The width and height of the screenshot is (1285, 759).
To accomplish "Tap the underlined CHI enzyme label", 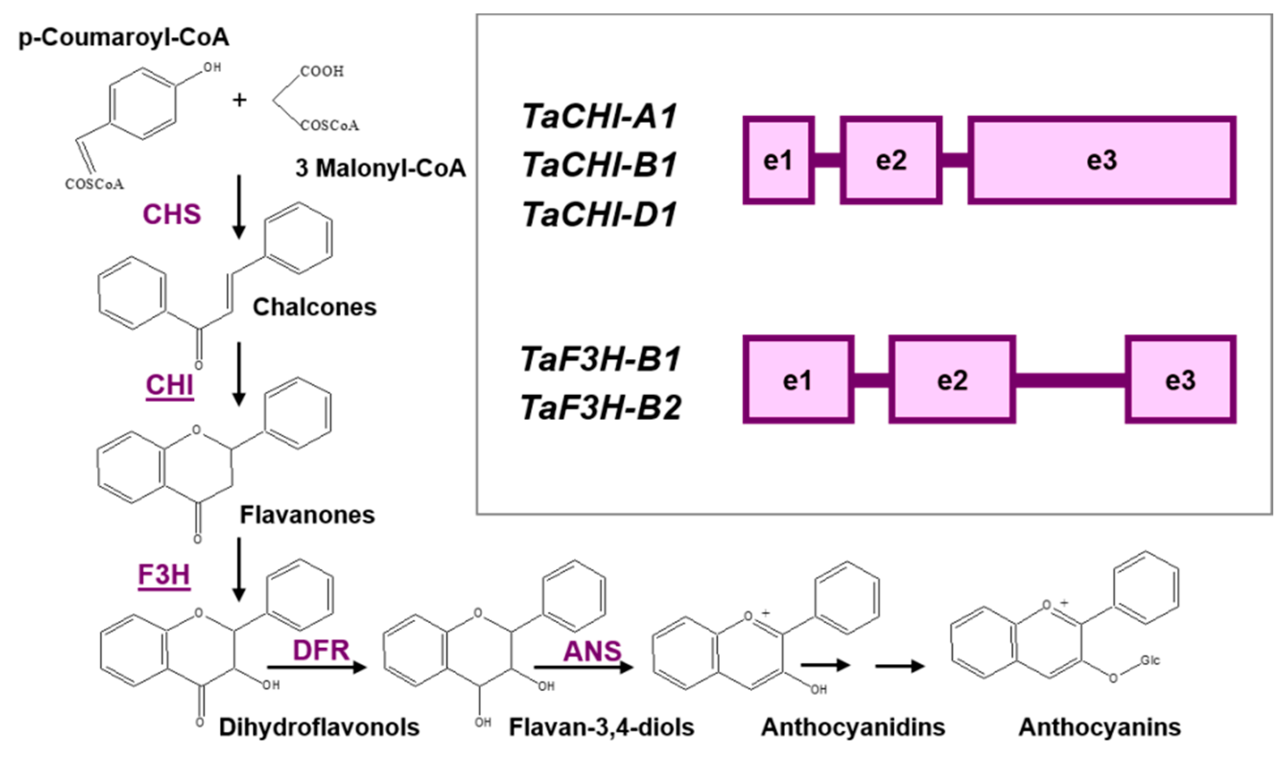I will point(169,385).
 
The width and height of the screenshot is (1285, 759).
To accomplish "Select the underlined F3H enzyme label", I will point(164,575).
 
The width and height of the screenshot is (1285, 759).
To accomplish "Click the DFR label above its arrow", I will point(321,651).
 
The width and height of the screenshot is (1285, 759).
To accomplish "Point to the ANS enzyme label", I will point(592,651).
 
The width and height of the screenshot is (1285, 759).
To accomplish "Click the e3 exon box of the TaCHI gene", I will point(1102,160).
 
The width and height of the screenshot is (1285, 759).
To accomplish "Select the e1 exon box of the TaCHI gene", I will point(778,160).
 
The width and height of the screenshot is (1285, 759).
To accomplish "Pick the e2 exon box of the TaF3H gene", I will point(952,380).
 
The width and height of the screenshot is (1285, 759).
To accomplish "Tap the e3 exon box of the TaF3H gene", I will point(1180,380).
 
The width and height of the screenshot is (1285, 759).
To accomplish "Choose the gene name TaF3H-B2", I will point(601,408).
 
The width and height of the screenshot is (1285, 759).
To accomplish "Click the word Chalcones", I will point(314,307).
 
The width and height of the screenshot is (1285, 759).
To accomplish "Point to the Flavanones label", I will point(307,515).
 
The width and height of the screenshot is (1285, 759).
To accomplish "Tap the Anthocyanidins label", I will point(853,727).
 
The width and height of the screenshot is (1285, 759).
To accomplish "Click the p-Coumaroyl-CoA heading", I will point(124,37).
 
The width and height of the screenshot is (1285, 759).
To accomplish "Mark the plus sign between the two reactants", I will point(239,100).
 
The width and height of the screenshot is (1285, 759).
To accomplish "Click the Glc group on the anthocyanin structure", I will point(1149,660).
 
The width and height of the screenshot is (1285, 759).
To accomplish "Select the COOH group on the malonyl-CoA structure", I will point(321,71).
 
